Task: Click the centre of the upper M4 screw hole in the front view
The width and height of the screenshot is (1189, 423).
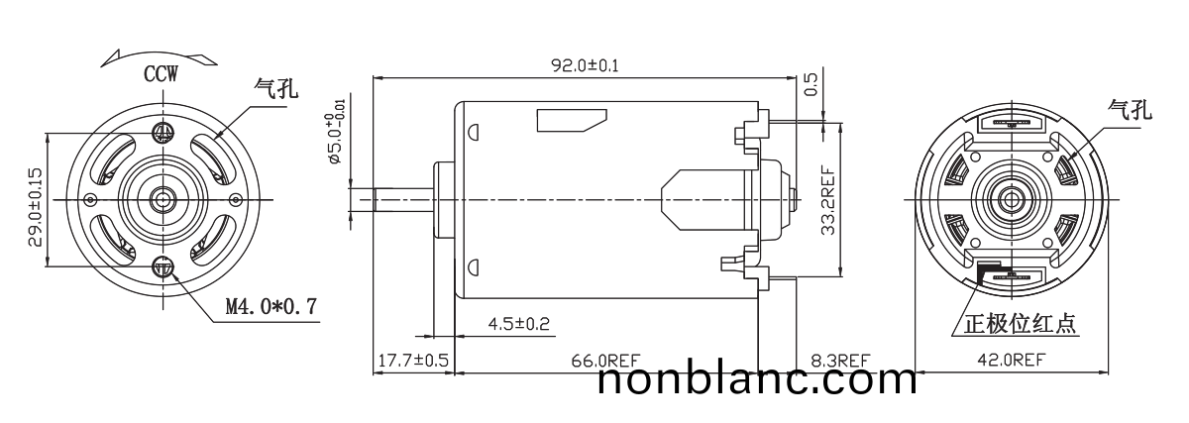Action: click(162, 133)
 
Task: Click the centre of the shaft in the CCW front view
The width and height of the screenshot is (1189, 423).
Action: click(162, 199)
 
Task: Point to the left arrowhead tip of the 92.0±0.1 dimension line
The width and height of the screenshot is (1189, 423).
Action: click(374, 78)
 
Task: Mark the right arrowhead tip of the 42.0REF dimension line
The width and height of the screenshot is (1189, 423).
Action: click(1108, 372)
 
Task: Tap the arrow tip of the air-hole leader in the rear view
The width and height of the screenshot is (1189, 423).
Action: click(1066, 159)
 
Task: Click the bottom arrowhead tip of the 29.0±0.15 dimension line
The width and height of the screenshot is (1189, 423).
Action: click(49, 265)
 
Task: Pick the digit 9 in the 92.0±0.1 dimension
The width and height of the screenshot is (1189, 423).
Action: click(557, 65)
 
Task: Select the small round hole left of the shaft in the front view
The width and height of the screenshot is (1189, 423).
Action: click(91, 199)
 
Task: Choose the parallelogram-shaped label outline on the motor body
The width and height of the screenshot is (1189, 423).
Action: click(572, 121)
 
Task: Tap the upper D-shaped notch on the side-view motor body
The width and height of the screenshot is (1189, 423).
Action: click(474, 131)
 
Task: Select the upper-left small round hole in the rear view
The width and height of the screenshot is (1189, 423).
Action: click(975, 158)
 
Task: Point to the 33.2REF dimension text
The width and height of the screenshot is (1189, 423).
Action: click(827, 201)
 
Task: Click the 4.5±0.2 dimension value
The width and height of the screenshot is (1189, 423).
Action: click(518, 323)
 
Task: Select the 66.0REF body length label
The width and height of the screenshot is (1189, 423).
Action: click(605, 361)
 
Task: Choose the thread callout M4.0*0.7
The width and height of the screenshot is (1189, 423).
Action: click(271, 306)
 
